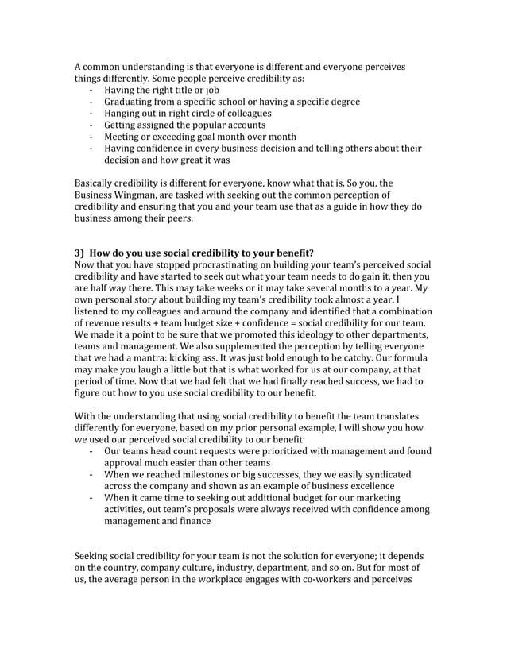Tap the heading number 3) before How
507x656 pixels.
(x=80, y=253)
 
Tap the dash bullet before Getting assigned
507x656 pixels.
(x=93, y=125)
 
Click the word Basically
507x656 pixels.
(x=97, y=182)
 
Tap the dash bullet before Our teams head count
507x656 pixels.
(x=93, y=451)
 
